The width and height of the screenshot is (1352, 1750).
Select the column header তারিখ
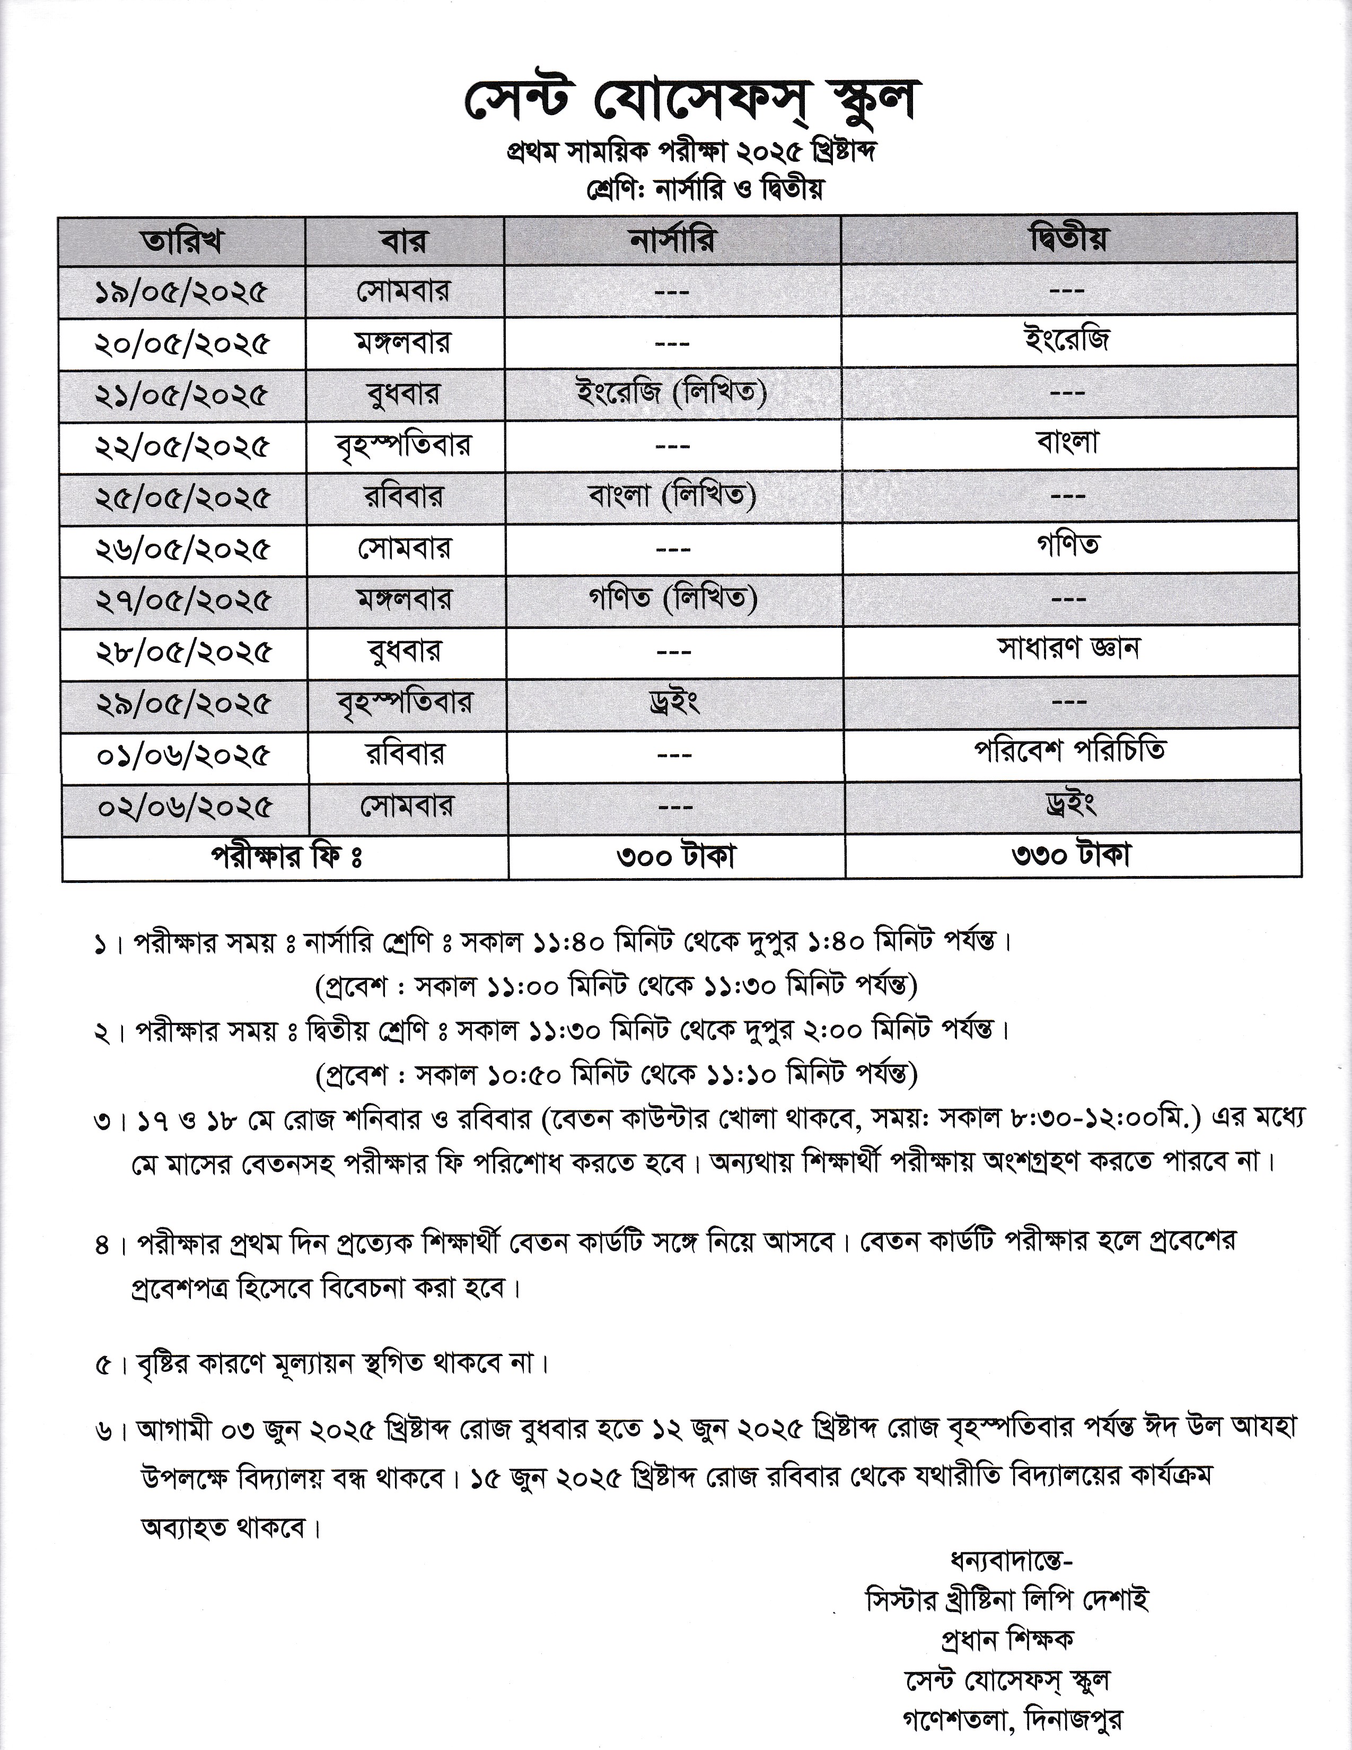(x=182, y=240)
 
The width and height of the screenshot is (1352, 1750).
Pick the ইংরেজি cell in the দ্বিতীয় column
(x=1068, y=340)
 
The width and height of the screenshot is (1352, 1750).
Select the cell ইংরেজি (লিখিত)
(x=672, y=393)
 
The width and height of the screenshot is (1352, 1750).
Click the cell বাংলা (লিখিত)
(x=672, y=497)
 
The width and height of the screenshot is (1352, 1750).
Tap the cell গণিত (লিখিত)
(x=672, y=599)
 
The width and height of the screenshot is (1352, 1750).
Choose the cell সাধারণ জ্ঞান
(x=1068, y=648)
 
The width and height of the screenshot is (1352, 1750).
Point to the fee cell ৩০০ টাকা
(x=675, y=856)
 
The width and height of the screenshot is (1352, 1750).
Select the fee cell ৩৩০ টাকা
(x=1071, y=856)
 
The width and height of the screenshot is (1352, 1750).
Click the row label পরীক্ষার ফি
(x=286, y=856)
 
